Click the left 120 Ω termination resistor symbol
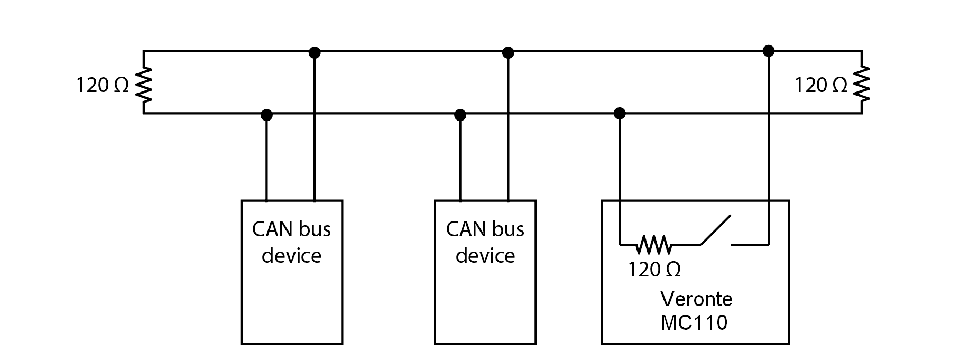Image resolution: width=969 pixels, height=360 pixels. [x=144, y=84]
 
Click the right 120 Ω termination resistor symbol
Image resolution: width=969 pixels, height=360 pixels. [x=862, y=84]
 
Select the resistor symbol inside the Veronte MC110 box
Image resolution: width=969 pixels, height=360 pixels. [x=654, y=245]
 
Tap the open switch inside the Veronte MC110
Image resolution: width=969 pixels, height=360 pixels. [x=716, y=232]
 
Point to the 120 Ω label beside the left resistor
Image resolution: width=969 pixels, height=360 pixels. [x=103, y=85]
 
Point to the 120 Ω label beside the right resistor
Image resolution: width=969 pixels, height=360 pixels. [x=820, y=85]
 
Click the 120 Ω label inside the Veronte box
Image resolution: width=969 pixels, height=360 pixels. [x=654, y=270]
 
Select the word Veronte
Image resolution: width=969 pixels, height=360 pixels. [x=696, y=299]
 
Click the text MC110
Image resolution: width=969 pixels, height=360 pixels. [x=694, y=322]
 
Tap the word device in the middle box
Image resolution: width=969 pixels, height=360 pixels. [x=485, y=256]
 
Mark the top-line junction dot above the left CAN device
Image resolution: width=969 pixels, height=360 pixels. [x=315, y=52]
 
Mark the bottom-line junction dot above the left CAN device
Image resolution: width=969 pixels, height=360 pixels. [x=266, y=114]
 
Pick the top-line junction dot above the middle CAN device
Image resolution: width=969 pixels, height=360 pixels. [x=508, y=52]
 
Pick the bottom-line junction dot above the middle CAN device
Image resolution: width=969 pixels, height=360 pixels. [x=460, y=114]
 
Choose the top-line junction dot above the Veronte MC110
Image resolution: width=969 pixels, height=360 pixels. [x=769, y=51]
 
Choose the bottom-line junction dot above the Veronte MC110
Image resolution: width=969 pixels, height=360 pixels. [x=620, y=113]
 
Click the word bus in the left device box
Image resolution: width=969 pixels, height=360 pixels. [x=315, y=229]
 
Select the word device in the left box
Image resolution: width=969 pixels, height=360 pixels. [x=292, y=256]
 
